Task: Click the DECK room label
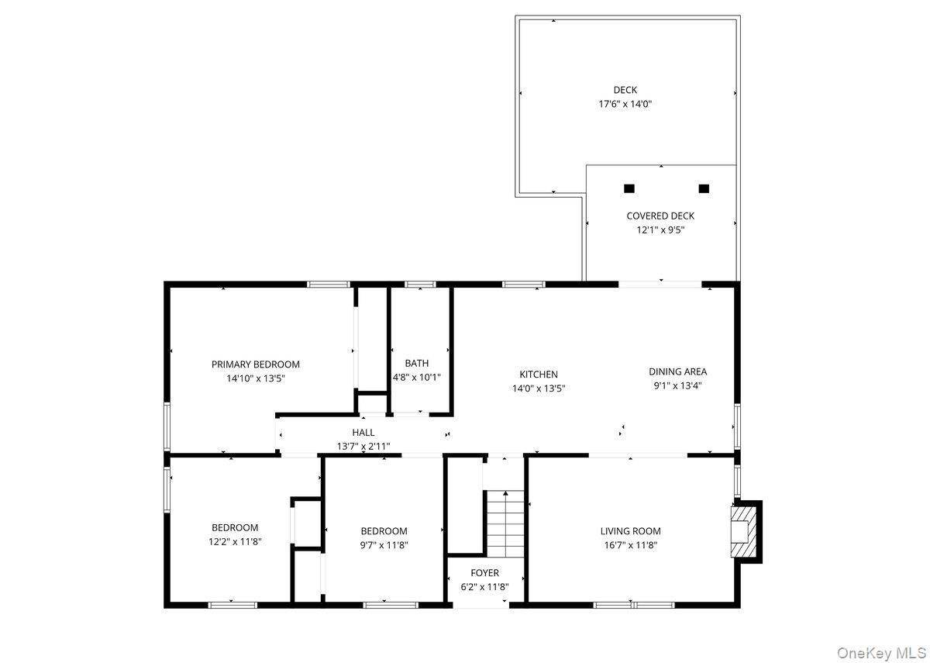coord(625,90)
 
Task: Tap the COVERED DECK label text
coord(660,216)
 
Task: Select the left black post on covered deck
coord(629,188)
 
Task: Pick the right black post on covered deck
coord(704,188)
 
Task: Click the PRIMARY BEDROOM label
coord(255,364)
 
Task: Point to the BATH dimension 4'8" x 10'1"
coord(416,377)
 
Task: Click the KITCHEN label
coord(539,375)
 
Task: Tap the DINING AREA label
coord(677,371)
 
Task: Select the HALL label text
coord(363,433)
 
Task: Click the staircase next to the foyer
coord(505,524)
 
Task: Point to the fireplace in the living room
coord(746,532)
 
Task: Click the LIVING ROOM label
coord(630,531)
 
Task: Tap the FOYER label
coord(484,573)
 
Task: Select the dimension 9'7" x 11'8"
coord(384,545)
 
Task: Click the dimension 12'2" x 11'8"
coord(235,542)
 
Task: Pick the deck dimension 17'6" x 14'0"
coord(625,104)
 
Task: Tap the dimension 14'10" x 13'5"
coord(256,378)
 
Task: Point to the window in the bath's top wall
coord(420,284)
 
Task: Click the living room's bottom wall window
coord(634,605)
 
